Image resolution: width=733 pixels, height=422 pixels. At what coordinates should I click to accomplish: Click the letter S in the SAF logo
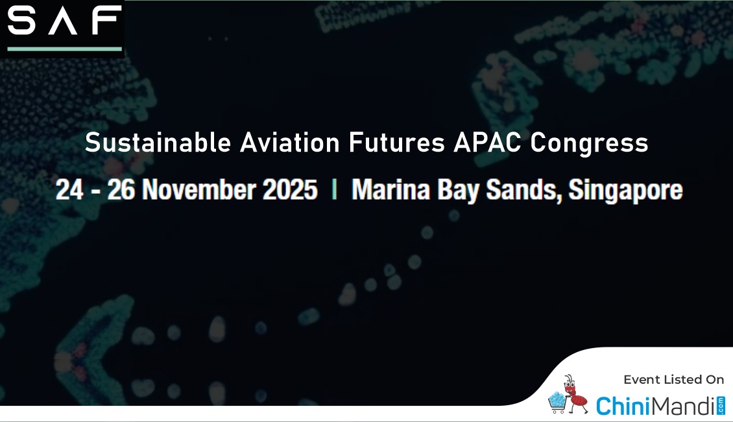21,20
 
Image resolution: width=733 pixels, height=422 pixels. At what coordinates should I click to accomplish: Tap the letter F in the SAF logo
106,20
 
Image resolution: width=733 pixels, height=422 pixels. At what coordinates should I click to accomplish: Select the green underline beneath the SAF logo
64,49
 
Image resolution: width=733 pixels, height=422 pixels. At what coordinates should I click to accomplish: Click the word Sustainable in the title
158,142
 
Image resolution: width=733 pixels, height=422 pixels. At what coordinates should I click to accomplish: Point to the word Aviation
289,142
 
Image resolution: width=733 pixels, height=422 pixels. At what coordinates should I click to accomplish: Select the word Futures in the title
396,142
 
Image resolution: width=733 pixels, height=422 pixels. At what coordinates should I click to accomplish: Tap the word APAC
487,142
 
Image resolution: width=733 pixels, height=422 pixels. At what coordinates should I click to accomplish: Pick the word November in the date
198,189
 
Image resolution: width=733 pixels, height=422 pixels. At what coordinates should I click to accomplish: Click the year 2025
290,189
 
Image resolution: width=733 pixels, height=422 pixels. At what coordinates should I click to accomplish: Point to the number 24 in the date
69,189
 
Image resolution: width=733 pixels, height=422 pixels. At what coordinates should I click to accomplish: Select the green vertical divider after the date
334,190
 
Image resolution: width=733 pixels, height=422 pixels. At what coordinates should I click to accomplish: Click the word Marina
391,189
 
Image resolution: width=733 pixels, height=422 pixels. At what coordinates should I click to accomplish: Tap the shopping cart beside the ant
557,403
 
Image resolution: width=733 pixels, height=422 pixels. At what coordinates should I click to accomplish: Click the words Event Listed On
673,379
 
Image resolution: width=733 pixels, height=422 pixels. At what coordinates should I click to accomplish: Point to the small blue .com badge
721,405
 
